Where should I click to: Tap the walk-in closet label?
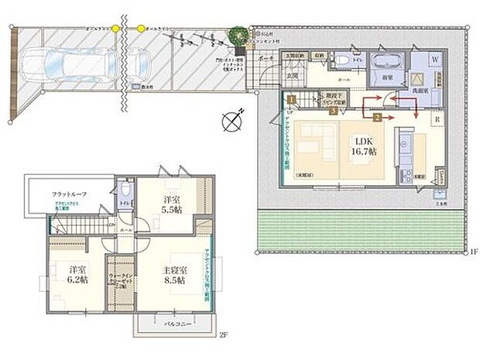coord(120,281)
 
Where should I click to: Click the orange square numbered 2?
coord(377,118)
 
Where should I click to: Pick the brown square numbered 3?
coord(333,111)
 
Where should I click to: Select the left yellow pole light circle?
coord(115,28)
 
